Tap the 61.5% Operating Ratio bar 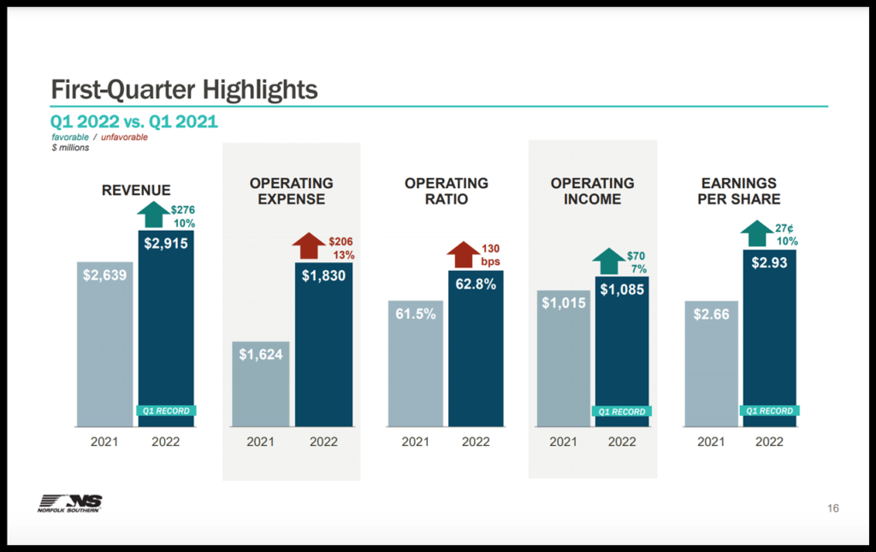pyautogui.click(x=415, y=363)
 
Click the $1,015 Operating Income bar pyautogui.click(x=563, y=359)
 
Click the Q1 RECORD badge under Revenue pyautogui.click(x=166, y=411)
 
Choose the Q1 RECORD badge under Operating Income pyautogui.click(x=622, y=412)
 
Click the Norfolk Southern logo pyautogui.click(x=70, y=504)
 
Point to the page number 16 pyautogui.click(x=832, y=508)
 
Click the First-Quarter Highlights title pyautogui.click(x=184, y=89)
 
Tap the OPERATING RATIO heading pyautogui.click(x=446, y=191)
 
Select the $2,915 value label pyautogui.click(x=166, y=244)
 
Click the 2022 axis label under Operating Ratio pyautogui.click(x=476, y=442)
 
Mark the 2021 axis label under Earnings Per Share pyautogui.click(x=711, y=442)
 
